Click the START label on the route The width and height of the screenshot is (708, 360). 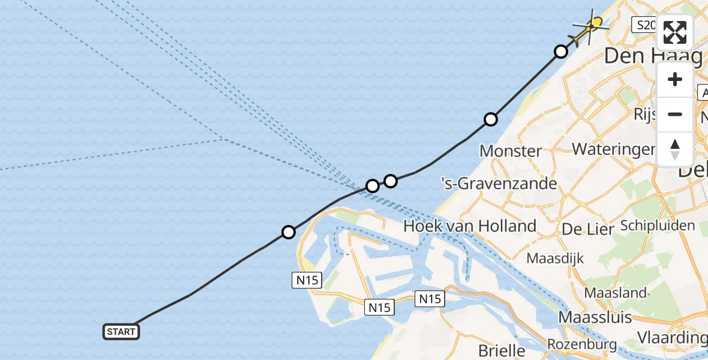[121, 332]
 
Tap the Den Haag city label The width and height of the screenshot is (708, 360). [653, 56]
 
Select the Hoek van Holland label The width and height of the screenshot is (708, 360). [470, 226]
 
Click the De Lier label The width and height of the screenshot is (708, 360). [581, 229]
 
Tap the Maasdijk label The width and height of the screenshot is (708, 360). [555, 259]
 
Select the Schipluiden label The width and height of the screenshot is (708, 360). [658, 226]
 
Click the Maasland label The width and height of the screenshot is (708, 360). [607, 293]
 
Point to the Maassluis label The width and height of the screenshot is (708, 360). [595, 316]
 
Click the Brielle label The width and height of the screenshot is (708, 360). [503, 350]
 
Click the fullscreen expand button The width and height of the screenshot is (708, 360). [675, 32]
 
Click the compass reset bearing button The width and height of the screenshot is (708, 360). [675, 149]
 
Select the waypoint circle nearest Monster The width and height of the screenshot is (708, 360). [491, 119]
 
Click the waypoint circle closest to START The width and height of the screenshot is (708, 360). [289, 232]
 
